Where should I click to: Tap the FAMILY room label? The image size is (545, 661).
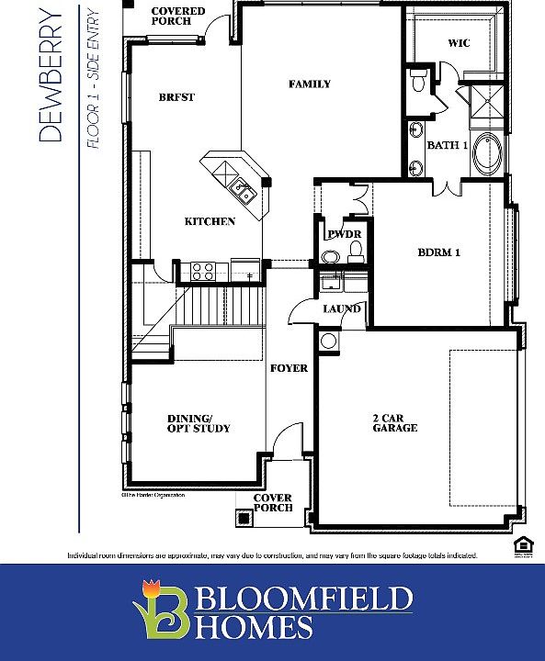(309, 84)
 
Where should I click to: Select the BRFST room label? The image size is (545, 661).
(176, 97)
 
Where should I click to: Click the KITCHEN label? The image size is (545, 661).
(210, 221)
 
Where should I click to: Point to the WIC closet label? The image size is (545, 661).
(458, 43)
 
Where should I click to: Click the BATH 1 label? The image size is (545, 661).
(448, 145)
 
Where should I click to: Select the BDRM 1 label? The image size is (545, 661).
(438, 252)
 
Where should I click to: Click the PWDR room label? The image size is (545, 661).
(344, 235)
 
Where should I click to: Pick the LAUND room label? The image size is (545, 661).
(341, 308)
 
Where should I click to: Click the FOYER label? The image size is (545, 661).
(288, 368)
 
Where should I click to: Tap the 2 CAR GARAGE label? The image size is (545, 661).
(395, 422)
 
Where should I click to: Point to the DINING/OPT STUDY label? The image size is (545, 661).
(199, 422)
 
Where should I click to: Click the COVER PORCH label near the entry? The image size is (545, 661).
(273, 503)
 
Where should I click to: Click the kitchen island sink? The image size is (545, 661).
(243, 191)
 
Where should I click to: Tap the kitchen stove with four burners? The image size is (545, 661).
(202, 270)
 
